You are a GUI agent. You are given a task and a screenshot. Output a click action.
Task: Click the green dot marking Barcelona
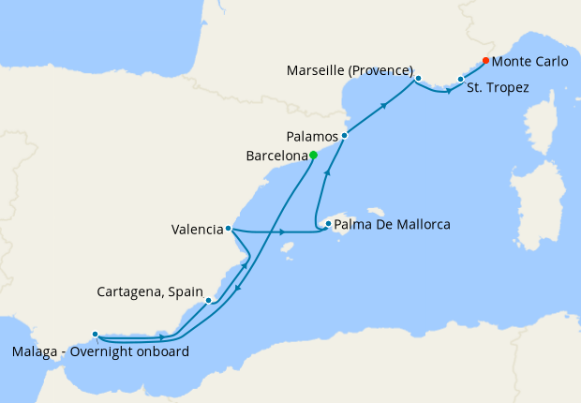[x=314, y=156]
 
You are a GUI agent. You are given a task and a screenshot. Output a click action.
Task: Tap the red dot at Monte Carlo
[x=485, y=61]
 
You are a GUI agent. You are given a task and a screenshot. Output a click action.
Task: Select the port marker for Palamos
[x=345, y=136]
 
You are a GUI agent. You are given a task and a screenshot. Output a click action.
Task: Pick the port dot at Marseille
[x=418, y=79]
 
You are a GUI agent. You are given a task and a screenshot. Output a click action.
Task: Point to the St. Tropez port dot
[x=460, y=80]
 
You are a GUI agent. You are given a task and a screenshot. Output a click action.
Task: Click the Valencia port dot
[x=229, y=228]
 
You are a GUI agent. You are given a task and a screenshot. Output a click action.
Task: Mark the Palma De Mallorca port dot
[x=328, y=224]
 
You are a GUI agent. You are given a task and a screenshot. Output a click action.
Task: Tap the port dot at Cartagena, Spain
[x=208, y=301]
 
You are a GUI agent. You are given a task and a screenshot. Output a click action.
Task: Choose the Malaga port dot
[x=95, y=334]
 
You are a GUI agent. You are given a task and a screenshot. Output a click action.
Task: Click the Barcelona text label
[x=276, y=156]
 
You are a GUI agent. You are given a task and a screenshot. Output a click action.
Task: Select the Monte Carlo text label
[x=529, y=62]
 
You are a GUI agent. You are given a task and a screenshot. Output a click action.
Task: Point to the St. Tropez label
[x=499, y=88]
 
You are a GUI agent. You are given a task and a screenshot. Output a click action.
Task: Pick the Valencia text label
[x=197, y=229]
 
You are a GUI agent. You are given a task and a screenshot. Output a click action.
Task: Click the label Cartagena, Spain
[x=150, y=292]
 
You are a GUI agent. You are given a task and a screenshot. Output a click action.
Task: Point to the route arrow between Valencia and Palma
[x=282, y=231]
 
